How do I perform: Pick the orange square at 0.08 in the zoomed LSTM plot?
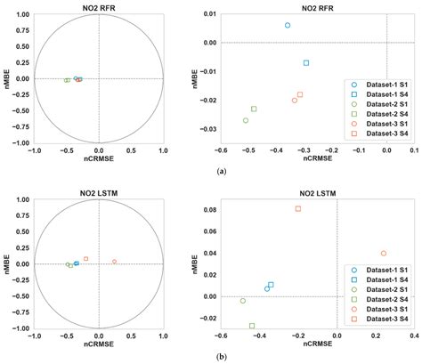[298, 208]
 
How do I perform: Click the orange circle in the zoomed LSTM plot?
[384, 254]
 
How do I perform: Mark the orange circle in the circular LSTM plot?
[114, 262]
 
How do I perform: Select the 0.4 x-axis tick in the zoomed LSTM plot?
[414, 336]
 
